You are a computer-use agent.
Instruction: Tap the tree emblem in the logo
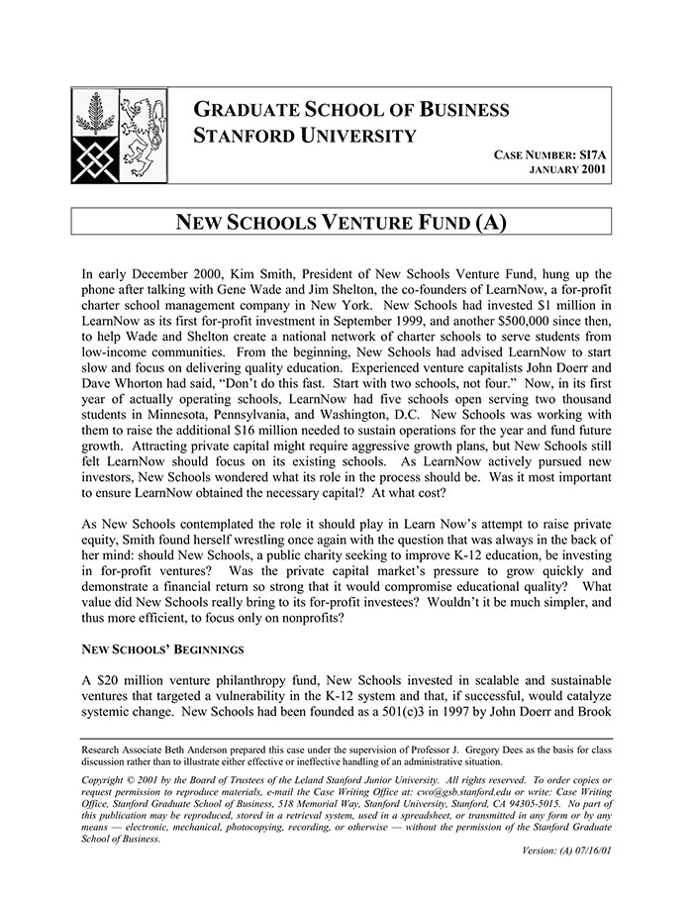point(95,115)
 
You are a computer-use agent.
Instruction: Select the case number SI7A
point(591,154)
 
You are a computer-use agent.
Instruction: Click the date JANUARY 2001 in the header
point(568,170)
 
